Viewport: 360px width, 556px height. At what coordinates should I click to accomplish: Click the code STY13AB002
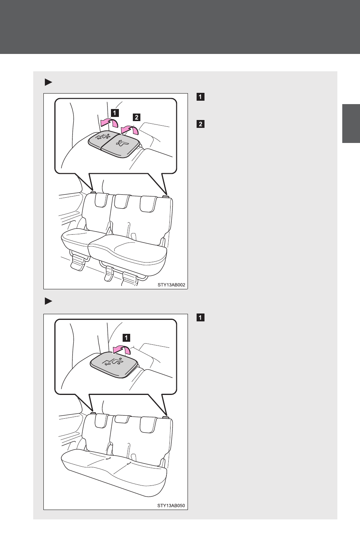point(171,285)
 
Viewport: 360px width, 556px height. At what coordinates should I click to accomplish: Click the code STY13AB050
point(171,505)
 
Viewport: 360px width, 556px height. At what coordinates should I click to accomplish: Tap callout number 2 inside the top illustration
point(137,117)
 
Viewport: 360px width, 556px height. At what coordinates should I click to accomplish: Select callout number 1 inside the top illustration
point(114,113)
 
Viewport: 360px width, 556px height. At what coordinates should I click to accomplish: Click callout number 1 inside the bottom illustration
point(126,338)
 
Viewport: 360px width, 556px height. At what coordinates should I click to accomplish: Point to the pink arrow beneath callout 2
point(129,129)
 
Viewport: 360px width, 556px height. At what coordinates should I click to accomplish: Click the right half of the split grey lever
point(120,144)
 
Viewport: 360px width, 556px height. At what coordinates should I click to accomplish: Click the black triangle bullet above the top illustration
point(48,82)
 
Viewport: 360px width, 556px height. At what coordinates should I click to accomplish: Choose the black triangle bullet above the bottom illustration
point(48,301)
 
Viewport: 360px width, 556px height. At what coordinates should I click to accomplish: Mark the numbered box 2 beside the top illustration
point(200,124)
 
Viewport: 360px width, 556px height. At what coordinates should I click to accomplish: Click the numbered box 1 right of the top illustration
point(200,97)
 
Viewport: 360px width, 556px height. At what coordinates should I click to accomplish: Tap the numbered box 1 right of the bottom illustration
point(200,318)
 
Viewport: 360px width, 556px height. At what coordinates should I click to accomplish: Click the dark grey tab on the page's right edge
point(351,123)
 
